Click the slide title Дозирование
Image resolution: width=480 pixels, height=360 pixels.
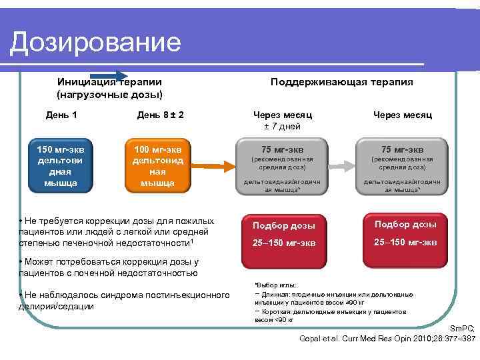(96, 43)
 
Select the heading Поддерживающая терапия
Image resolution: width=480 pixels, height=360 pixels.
(341, 82)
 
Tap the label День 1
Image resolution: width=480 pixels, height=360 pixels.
(61, 115)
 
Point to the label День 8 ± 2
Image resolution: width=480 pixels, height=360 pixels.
(160, 115)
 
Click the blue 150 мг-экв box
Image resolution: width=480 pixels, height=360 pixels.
(61, 164)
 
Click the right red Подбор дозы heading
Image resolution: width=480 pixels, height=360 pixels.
(405, 224)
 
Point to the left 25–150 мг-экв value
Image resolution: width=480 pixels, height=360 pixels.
(283, 243)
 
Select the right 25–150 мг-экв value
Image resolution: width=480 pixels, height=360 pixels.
(405, 242)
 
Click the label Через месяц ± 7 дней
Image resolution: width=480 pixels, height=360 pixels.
(283, 121)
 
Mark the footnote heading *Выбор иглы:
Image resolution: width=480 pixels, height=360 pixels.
(267, 285)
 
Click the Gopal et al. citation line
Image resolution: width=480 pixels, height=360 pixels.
(387, 339)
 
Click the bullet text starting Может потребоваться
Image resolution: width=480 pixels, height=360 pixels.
(110, 267)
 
